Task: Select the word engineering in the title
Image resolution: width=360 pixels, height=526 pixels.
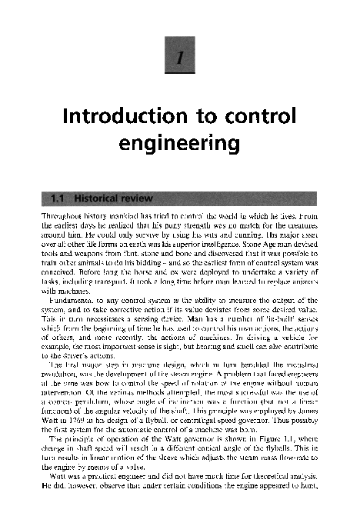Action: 178,144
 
